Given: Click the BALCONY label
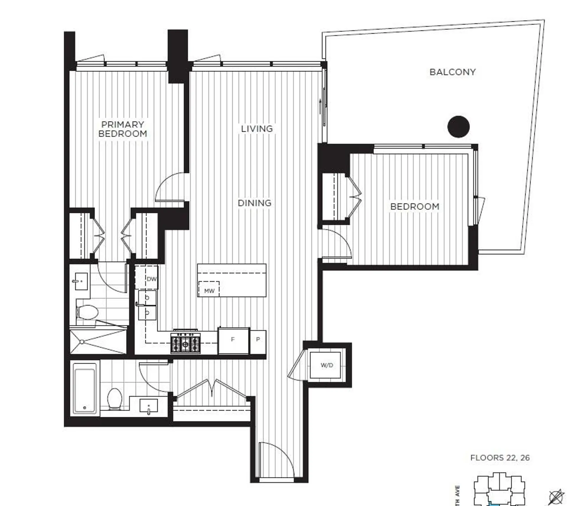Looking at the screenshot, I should [452, 72].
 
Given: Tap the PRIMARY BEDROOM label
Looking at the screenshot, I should [123, 129].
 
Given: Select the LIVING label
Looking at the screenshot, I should [257, 129].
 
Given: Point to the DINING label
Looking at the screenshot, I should [254, 203].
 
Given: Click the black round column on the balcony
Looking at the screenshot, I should [458, 127].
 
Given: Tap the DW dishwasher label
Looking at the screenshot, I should [151, 279].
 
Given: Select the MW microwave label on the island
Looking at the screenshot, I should [209, 291].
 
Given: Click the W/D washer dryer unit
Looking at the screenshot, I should [327, 365].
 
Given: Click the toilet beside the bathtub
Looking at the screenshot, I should [115, 399].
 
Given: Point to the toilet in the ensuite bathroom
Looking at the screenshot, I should [87, 312].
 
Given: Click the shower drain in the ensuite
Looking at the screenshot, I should [82, 342].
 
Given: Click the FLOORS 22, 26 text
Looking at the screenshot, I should [500, 458].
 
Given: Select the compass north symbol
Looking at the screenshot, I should [556, 497].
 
